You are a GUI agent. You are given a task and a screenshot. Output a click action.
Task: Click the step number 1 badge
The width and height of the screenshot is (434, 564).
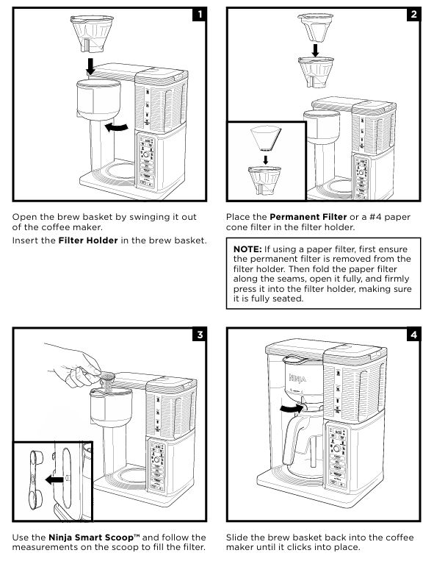tap(200, 15)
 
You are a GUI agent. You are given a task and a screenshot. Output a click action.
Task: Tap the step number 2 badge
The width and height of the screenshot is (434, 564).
tap(414, 15)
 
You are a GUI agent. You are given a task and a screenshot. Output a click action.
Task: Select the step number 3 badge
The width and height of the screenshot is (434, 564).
tap(200, 335)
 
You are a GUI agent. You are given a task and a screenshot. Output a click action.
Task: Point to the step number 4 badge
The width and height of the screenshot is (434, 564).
tap(414, 335)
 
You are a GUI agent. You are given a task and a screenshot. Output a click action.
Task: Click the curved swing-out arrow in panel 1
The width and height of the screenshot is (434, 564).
tap(117, 126)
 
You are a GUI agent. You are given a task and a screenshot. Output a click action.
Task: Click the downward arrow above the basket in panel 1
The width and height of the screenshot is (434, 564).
tap(90, 66)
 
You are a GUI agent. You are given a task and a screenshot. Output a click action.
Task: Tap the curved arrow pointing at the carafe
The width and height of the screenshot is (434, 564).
tap(292, 408)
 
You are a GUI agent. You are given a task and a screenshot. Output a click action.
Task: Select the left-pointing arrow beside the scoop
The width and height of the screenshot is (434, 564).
tap(54, 479)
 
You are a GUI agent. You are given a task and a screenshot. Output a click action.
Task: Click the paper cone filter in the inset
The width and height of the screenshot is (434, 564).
tap(266, 138)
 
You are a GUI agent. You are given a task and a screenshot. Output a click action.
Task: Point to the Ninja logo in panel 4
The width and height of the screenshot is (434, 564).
tap(297, 378)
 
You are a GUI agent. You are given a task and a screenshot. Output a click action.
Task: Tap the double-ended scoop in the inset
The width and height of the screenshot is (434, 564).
tap(35, 480)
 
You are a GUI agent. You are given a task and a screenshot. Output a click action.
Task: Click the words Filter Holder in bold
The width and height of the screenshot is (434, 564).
tap(88, 240)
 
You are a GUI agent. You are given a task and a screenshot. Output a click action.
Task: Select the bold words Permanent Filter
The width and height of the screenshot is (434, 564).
tap(308, 217)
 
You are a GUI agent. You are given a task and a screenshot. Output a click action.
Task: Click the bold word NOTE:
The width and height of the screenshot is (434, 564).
tap(247, 249)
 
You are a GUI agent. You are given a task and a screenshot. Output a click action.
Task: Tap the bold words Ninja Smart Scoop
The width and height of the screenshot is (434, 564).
tap(91, 538)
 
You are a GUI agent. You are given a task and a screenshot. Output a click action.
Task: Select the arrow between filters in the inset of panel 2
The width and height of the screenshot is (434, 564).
tap(266, 160)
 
